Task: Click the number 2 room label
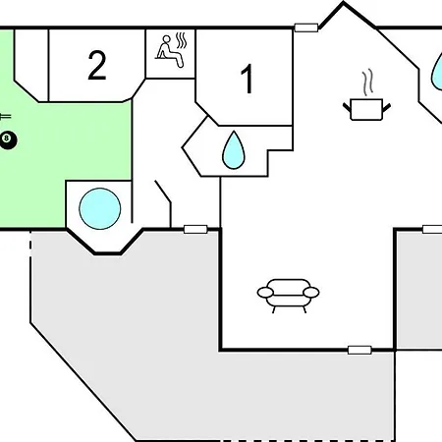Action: point(97,65)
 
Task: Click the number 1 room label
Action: point(248,79)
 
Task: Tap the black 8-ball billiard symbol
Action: point(7,140)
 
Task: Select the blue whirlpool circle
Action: point(100,208)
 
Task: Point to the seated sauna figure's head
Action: point(167,40)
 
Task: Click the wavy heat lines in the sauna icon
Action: point(181,40)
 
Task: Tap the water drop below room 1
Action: point(234,150)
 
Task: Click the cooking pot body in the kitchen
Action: point(366,110)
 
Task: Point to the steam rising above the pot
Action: point(368,82)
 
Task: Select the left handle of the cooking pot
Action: point(347,107)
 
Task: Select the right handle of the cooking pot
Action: point(386,107)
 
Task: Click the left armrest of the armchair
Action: point(265,292)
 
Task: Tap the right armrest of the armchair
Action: point(311,292)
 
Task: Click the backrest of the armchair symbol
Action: point(289,285)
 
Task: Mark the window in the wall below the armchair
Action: point(359,350)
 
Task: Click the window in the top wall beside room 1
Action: point(306,28)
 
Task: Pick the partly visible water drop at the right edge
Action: point(437,71)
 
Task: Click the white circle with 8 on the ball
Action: point(6,138)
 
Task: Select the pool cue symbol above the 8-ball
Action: point(5,116)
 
